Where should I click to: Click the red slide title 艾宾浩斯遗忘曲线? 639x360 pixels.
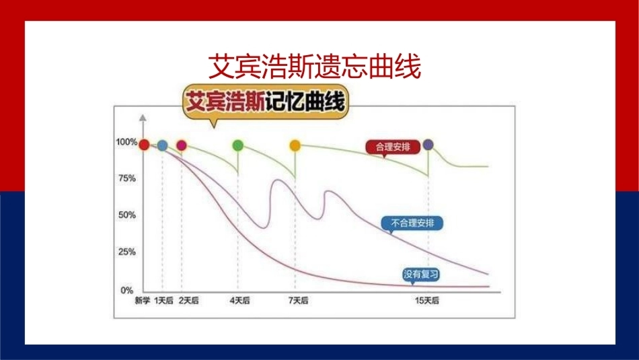click(x=314, y=67)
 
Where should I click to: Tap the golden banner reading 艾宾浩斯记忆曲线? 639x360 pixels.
click(x=265, y=102)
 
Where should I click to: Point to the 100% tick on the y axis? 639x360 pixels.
click(x=126, y=142)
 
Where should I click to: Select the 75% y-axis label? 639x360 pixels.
click(x=127, y=178)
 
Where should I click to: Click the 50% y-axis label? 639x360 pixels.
click(x=127, y=215)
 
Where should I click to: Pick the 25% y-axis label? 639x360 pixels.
click(x=127, y=252)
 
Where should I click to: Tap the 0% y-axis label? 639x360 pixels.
click(x=127, y=290)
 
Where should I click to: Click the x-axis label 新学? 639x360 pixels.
click(x=143, y=301)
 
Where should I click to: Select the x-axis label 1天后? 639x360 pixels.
click(x=164, y=301)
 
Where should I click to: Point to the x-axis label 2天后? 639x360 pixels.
click(x=189, y=301)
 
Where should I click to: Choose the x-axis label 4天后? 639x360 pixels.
click(x=239, y=301)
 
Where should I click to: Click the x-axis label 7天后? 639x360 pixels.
click(x=298, y=301)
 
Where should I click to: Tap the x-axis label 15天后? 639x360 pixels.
click(x=427, y=301)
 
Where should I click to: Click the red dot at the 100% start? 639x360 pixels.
click(x=144, y=144)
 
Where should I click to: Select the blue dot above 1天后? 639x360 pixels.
click(x=163, y=145)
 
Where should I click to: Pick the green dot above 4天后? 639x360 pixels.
click(x=238, y=145)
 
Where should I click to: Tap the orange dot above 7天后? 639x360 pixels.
click(x=295, y=145)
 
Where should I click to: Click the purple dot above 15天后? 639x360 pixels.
click(x=428, y=144)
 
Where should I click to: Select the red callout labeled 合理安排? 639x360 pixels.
click(x=392, y=147)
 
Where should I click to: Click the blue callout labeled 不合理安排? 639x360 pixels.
click(x=412, y=223)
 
